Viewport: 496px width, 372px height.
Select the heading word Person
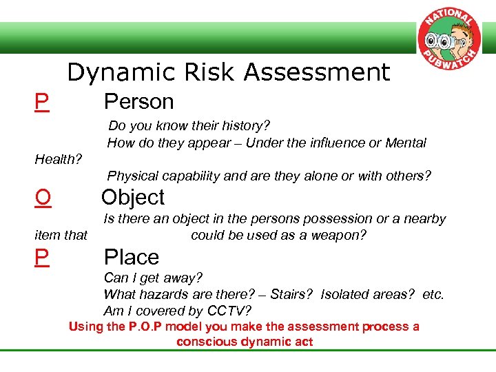pos(138,102)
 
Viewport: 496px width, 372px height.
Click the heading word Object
pos(133,197)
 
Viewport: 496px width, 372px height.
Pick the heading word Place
pos(131,258)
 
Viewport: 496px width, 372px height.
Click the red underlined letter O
pos(43,198)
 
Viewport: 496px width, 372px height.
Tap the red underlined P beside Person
pos(42,103)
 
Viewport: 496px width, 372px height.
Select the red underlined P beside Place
pos(42,258)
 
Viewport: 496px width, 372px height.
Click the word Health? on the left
pos(59,160)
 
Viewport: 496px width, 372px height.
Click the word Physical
pos(132,176)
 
